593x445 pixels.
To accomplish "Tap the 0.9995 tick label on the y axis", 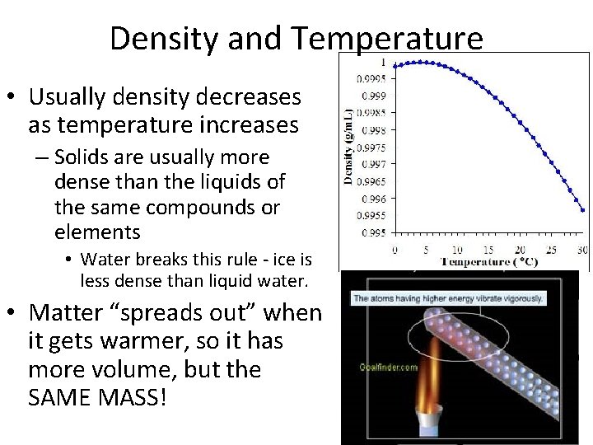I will (370, 79).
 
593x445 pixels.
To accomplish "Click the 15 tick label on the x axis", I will (488, 250).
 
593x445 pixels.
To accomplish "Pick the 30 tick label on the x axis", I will (583, 250).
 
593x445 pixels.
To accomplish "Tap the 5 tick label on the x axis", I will (426, 250).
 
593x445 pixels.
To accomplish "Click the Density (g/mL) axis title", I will (348, 147).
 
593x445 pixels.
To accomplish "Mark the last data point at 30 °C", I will (582, 210).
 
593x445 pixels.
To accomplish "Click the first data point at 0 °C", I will (395, 63).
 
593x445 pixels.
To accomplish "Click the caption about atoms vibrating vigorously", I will (448, 297).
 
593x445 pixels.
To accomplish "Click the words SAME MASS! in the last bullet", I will (97, 398).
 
